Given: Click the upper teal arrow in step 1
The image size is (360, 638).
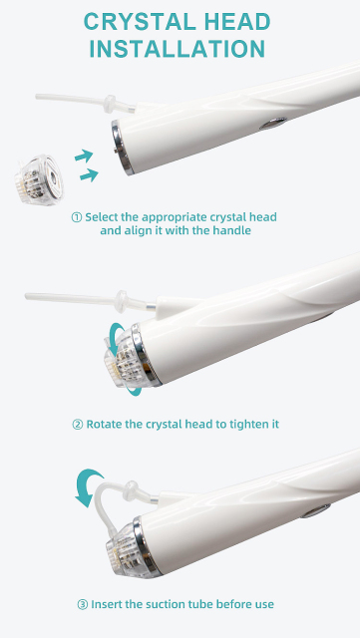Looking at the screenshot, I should click(86, 155).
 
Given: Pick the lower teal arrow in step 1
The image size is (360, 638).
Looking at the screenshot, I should click(89, 175).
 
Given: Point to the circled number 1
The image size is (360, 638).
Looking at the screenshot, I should click(77, 217).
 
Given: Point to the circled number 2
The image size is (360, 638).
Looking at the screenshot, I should click(78, 425).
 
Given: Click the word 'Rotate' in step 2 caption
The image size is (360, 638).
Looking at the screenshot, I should click(107, 425).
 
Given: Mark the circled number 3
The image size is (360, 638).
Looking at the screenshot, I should click(83, 604).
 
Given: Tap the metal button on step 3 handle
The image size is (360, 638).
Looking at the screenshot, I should click(318, 511).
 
